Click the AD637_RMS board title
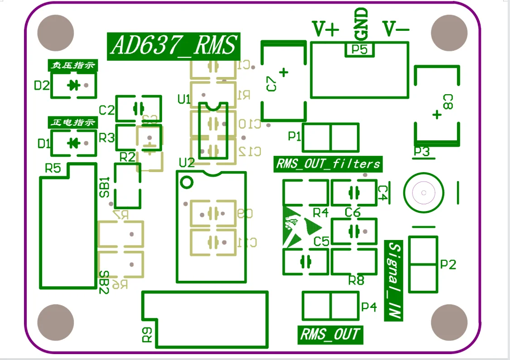174,46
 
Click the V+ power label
326,29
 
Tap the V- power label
396,29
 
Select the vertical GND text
361,24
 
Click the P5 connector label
360,50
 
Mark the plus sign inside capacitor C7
284,72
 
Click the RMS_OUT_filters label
328,163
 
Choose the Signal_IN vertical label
394,281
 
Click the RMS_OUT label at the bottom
330,335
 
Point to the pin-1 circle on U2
186,182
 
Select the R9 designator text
148,335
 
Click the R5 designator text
53,168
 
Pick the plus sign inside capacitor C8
437,115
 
